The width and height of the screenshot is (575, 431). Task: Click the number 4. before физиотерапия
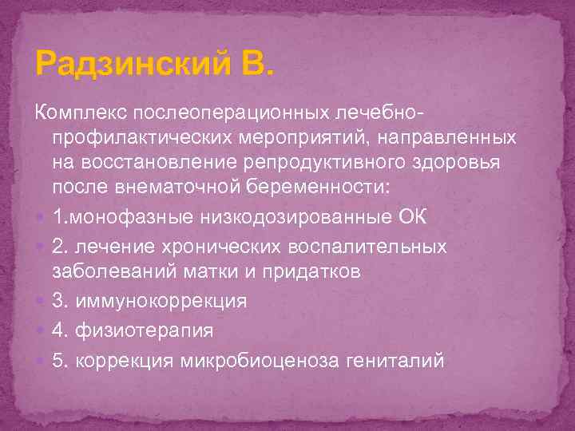click(59, 328)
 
